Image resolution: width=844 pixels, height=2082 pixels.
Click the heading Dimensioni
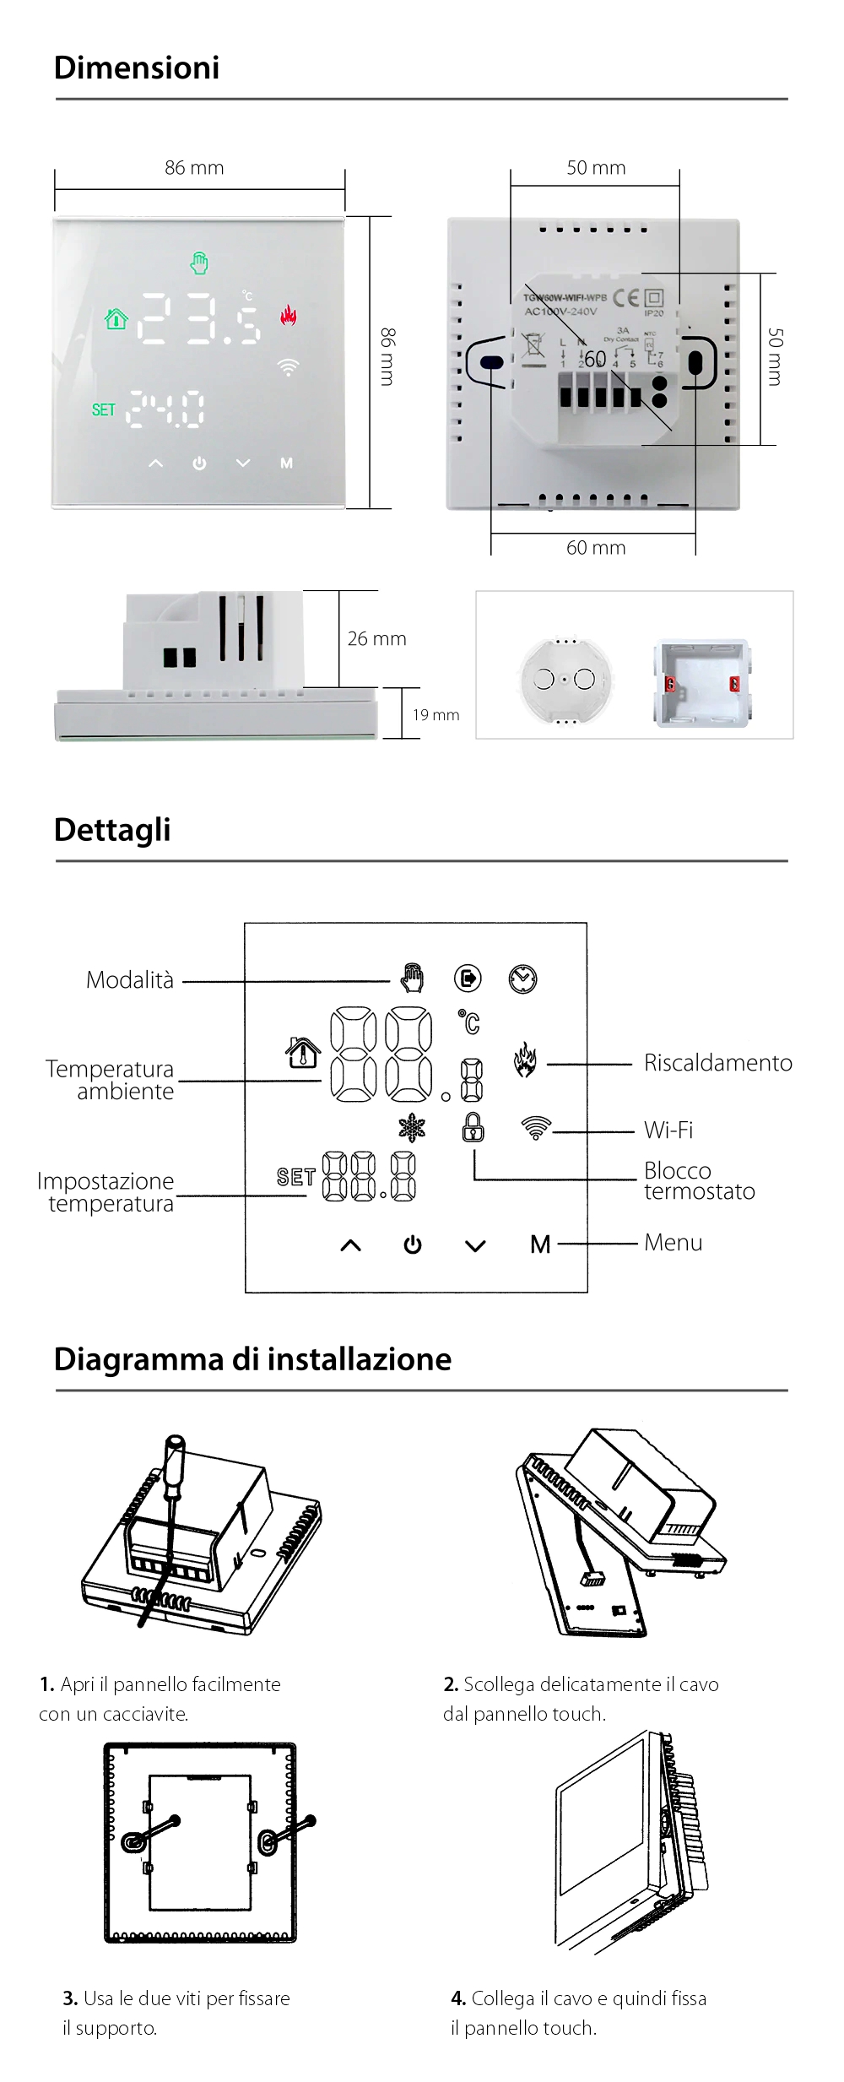[137, 68]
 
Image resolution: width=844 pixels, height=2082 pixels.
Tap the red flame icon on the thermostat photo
[289, 316]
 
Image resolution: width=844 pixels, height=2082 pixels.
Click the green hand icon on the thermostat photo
[199, 263]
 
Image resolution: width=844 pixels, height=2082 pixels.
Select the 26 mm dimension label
[376, 639]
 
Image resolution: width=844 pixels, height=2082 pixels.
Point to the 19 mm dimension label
[436, 715]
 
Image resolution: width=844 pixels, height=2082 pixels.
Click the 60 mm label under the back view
[596, 548]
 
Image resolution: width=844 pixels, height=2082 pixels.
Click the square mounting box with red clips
[701, 683]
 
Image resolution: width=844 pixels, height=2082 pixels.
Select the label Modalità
[130, 980]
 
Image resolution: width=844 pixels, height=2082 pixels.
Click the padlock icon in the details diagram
[473, 1127]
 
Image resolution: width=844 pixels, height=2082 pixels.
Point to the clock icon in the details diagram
[522, 979]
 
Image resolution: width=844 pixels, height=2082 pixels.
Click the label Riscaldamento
[717, 1063]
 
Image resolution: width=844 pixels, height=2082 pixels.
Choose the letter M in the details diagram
[540, 1244]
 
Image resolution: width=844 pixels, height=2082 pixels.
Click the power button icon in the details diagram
[413, 1245]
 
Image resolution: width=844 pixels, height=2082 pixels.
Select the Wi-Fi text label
[668, 1130]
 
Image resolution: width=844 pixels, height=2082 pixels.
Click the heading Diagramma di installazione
[252, 1359]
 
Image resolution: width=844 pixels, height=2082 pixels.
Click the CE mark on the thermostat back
[625, 297]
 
